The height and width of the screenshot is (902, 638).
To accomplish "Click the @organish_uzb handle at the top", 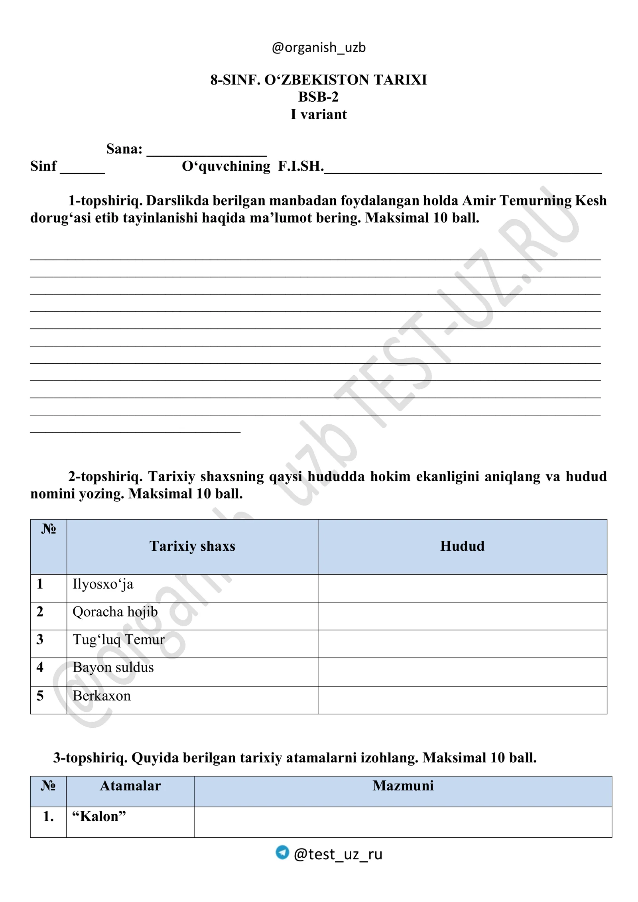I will pos(319,47).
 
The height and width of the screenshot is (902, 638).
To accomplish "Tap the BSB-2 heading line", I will pos(318,97).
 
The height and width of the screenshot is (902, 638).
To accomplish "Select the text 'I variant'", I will pos(319,114).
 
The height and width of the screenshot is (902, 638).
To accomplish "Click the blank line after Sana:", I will pos(207,152).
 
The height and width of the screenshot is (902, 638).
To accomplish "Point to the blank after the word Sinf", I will pos(82,168).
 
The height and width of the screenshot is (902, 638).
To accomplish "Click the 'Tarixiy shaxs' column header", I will pos(192,546).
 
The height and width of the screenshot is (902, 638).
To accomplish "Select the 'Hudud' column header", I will pos(462,546).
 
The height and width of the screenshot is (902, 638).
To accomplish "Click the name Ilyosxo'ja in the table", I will pos(103,584).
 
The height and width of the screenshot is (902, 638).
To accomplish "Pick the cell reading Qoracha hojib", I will pos(115,612).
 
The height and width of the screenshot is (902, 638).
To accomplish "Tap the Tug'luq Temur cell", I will pos(118,640).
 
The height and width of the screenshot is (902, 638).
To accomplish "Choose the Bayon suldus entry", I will pos(113,668).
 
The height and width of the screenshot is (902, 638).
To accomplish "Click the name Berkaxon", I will pos(102,696).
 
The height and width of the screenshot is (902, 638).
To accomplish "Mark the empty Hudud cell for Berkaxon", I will pos(462,700).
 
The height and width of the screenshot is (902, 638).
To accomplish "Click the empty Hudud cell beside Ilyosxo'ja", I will pos(462,588).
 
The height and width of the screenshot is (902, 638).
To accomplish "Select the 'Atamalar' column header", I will pos(130,786).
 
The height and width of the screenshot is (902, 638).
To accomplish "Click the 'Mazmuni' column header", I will pos(403,786).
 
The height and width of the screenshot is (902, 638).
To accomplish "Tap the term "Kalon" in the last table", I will pos(99,816).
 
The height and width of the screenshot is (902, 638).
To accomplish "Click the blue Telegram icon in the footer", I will pos(282,852).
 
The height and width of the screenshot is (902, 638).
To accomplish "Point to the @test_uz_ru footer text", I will pos(338,854).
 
